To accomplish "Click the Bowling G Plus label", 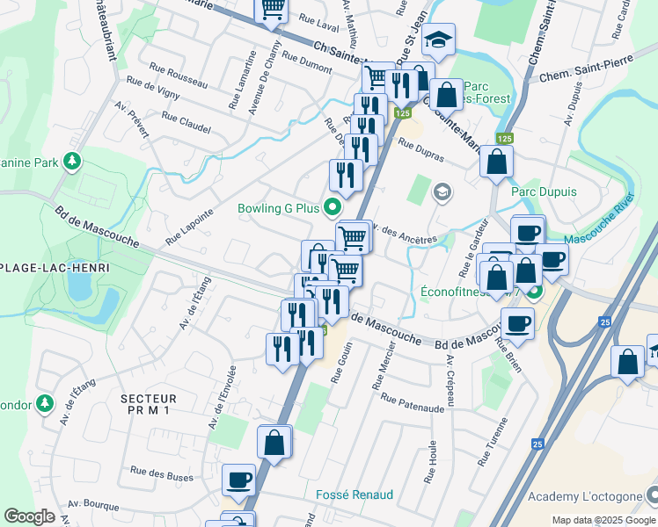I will [x=277, y=209].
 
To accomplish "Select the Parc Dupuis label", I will [x=544, y=191].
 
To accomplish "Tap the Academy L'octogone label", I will [x=581, y=496].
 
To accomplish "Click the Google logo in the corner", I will [x=29, y=516].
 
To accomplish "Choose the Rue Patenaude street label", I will [x=413, y=403].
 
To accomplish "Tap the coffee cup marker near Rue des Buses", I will [x=238, y=480].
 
